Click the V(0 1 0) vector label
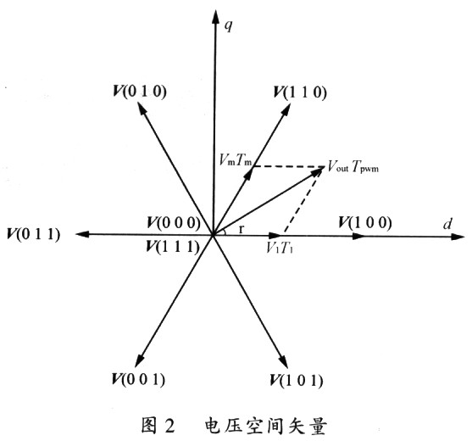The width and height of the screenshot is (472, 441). point(140,92)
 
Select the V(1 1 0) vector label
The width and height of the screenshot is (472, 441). point(300,92)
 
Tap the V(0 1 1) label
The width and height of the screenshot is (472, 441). point(34,234)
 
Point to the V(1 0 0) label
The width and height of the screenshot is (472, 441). point(365,223)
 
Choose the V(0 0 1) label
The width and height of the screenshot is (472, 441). point(138,379)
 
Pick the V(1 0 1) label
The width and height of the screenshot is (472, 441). point(297,380)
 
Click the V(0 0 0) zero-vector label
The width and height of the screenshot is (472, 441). point(174,223)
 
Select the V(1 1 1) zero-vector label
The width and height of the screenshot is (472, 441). point(173,247)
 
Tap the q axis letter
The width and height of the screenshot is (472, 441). point(229,26)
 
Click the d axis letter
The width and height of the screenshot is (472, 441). point(447,224)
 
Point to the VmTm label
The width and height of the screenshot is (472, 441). point(236,159)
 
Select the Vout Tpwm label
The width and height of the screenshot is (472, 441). point(353,166)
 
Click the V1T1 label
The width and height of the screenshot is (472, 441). point(280,248)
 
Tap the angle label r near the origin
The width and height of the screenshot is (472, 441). point(241,230)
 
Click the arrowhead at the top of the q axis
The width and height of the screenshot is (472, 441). point(215,17)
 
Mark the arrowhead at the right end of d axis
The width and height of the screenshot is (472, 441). point(458,237)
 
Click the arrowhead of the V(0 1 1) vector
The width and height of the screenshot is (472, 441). point(82,234)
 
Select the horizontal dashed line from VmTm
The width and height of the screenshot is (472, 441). point(289,166)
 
